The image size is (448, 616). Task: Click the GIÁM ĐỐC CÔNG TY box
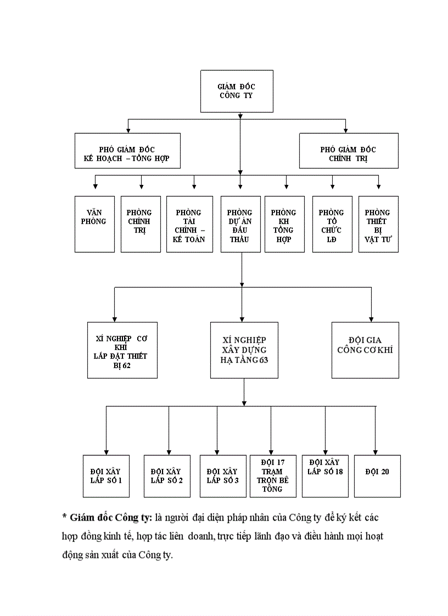(237, 91)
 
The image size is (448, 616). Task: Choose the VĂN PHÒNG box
(95, 224)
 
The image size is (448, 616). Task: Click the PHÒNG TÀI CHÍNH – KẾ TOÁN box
(189, 224)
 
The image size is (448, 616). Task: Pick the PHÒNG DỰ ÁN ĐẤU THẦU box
(240, 224)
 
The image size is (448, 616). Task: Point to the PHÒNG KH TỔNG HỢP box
(284, 224)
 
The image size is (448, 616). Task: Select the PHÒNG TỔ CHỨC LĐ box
(332, 224)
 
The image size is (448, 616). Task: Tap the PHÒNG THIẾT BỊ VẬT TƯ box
(378, 224)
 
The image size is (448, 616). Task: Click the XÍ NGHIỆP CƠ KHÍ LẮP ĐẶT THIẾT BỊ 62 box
(122, 350)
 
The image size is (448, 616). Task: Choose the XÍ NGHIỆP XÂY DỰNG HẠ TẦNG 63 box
(244, 350)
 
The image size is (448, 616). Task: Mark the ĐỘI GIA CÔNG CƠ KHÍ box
(365, 350)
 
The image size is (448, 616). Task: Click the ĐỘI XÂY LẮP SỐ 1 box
(106, 476)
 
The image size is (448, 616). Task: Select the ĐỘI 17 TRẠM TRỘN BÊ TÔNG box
(273, 476)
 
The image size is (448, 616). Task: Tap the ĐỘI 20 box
(377, 476)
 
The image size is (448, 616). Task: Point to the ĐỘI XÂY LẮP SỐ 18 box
(325, 476)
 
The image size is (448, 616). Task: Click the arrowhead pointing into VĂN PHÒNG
(96, 187)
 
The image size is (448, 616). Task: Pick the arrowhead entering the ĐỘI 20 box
(376, 451)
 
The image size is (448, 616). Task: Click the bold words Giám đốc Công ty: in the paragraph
(111, 518)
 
